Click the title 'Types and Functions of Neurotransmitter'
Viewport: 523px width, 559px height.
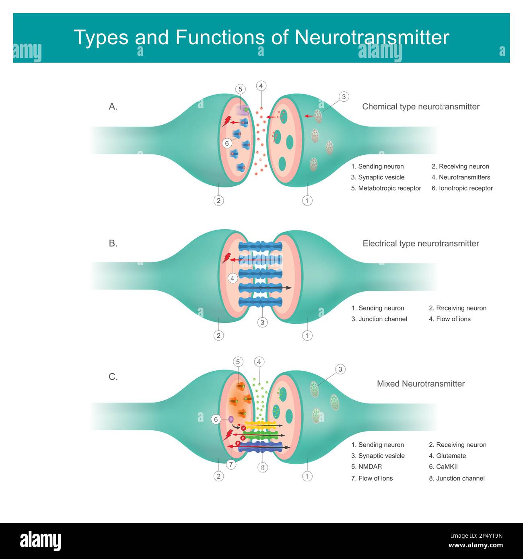tap(261, 37)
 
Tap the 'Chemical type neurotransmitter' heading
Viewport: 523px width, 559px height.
tap(420, 107)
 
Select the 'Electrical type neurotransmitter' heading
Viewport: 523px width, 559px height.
tap(420, 243)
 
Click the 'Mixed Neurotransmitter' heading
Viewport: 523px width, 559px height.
tap(420, 384)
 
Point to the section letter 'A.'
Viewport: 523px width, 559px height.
tap(113, 107)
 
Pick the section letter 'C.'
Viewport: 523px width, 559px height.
tap(113, 377)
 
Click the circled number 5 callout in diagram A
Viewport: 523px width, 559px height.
tap(241, 89)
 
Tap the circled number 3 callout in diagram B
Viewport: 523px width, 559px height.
tap(262, 322)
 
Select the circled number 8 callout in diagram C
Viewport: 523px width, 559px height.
tap(262, 467)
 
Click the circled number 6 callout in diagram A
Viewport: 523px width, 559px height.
tap(227, 143)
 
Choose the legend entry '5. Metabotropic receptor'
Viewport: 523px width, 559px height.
tap(386, 188)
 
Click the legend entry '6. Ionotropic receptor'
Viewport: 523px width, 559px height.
tap(462, 188)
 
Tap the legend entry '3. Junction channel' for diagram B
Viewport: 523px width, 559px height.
tap(379, 319)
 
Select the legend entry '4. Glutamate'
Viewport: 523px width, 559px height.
tap(447, 456)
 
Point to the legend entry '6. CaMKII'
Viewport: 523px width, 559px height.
tap(443, 467)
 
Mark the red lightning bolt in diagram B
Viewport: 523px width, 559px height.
tap(226, 258)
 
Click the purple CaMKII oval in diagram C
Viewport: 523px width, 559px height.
tap(231, 419)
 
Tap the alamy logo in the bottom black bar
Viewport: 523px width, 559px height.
tap(40, 541)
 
